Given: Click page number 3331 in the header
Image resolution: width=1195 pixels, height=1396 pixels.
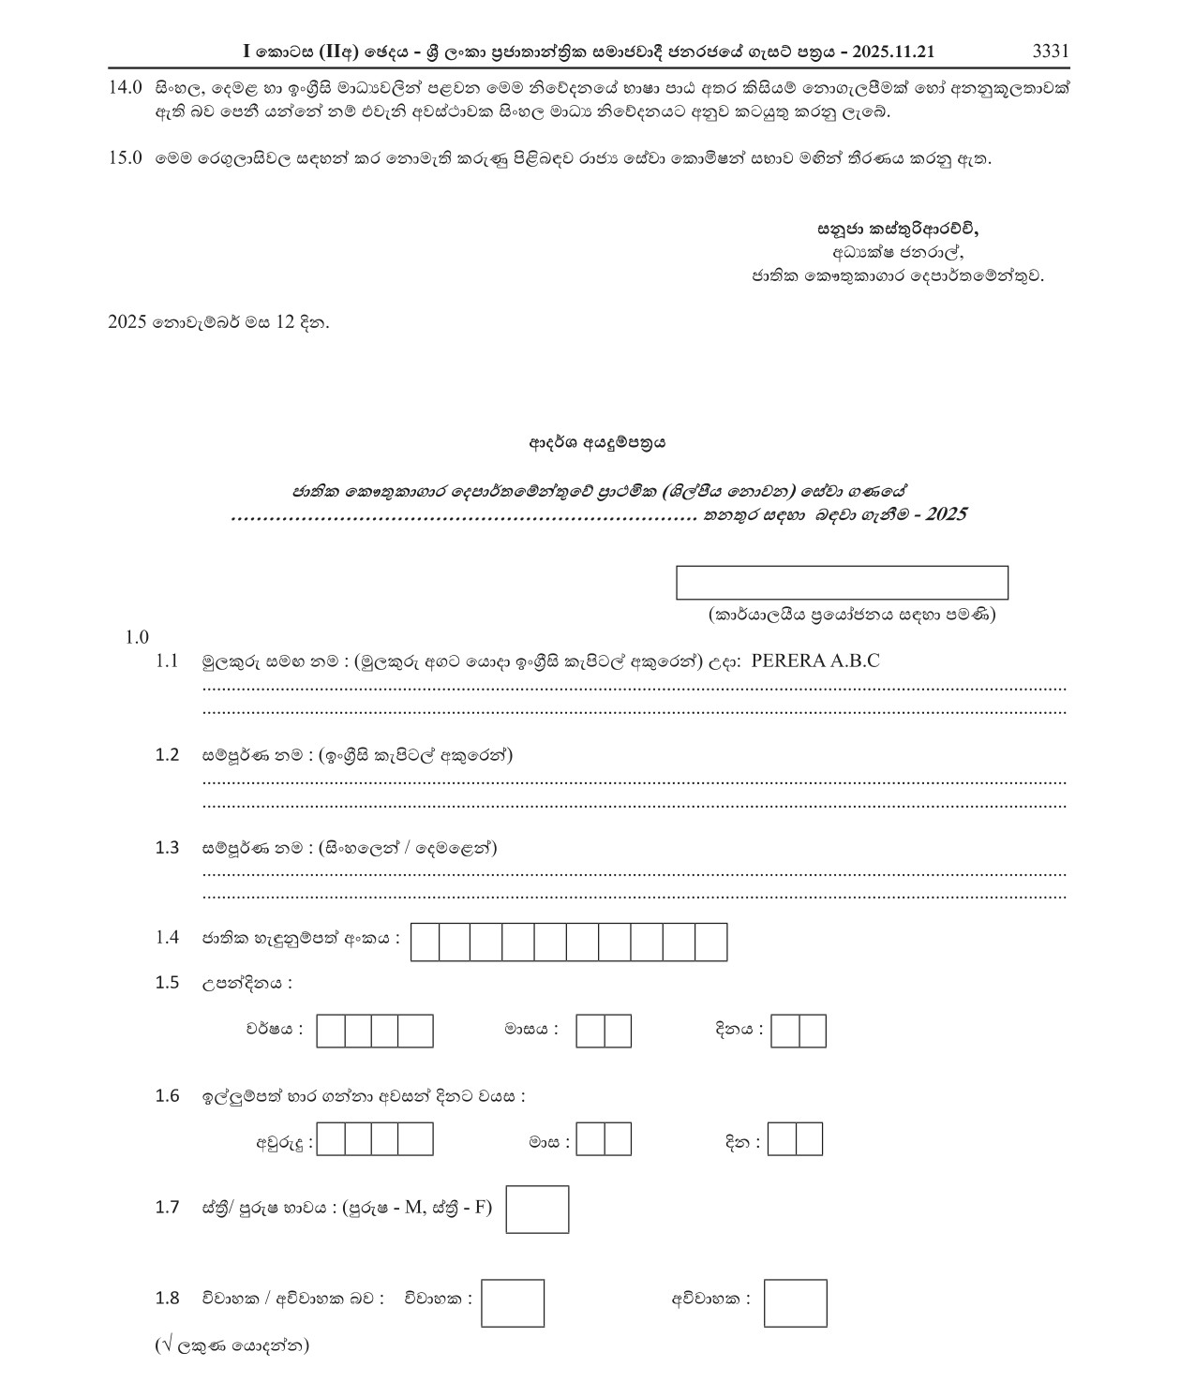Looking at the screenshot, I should point(1050,52).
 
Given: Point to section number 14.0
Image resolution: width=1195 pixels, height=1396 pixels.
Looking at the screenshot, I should point(125,88).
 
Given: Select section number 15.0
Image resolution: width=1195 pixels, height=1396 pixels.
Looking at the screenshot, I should point(125,157).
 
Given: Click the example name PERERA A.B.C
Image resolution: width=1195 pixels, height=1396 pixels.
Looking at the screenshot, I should point(815,661).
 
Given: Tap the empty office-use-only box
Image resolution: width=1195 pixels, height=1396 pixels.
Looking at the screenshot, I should point(842,582).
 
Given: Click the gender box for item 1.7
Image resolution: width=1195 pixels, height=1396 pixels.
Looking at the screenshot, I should point(537,1209).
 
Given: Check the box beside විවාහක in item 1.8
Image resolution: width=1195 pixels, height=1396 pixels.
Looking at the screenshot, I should point(513,1303).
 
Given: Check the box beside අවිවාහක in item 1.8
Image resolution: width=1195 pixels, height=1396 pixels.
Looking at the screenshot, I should point(795,1303).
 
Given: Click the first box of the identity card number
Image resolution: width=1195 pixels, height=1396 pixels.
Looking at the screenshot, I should point(426,942).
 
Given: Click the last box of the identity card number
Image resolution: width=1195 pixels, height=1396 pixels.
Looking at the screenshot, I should point(711,942).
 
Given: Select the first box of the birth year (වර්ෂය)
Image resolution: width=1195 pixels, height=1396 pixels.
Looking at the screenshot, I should point(331,1031).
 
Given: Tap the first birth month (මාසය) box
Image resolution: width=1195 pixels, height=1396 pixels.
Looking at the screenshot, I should point(590,1031).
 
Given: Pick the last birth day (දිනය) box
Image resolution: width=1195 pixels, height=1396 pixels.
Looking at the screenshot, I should point(813,1031).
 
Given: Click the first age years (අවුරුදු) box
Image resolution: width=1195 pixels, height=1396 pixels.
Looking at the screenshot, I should point(331,1139).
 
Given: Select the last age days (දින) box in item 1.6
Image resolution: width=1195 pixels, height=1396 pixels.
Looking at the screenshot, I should point(810,1139).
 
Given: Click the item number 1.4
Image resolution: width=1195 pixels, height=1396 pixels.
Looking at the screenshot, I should point(167,937).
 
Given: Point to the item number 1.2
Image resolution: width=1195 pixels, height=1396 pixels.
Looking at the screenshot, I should point(167,755).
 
